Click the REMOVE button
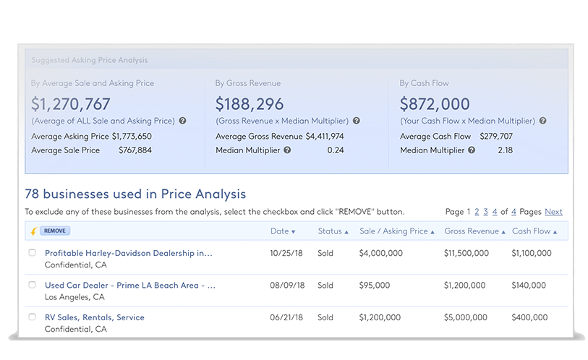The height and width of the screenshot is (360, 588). pyautogui.click(x=55, y=231)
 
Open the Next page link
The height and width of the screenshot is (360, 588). pyautogui.click(x=553, y=212)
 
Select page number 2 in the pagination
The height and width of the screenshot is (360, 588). pyautogui.click(x=477, y=212)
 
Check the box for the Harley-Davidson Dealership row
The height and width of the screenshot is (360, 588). pyautogui.click(x=32, y=253)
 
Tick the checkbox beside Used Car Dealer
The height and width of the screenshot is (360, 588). pyautogui.click(x=32, y=285)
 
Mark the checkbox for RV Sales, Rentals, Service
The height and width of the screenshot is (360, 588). pyautogui.click(x=32, y=317)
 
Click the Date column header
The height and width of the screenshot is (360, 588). pyautogui.click(x=283, y=231)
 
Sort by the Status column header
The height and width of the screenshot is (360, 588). pyautogui.click(x=333, y=231)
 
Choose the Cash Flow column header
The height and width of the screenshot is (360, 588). pyautogui.click(x=534, y=231)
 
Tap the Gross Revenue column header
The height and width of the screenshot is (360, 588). pyautogui.click(x=474, y=231)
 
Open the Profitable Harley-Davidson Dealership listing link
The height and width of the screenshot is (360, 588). pyautogui.click(x=129, y=254)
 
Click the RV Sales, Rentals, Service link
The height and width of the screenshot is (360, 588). pyautogui.click(x=95, y=317)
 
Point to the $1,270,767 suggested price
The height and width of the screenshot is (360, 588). pyautogui.click(x=71, y=104)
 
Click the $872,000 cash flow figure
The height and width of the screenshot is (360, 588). pyautogui.click(x=435, y=104)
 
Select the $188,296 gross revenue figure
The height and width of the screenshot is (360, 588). pyautogui.click(x=250, y=104)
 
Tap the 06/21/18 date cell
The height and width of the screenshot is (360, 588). pyautogui.click(x=286, y=317)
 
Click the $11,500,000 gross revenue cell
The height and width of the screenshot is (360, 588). pyautogui.click(x=466, y=254)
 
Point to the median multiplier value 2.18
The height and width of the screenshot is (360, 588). pyautogui.click(x=505, y=150)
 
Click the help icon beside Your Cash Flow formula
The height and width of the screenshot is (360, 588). pyautogui.click(x=543, y=121)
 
